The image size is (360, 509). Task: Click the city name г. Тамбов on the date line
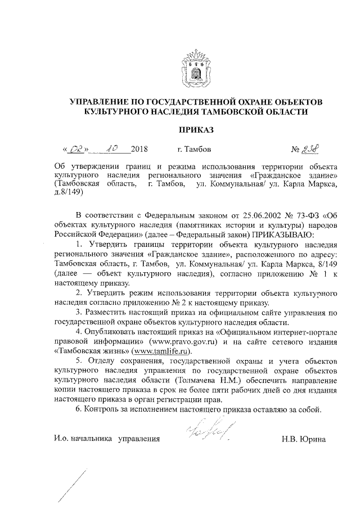(194, 151)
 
